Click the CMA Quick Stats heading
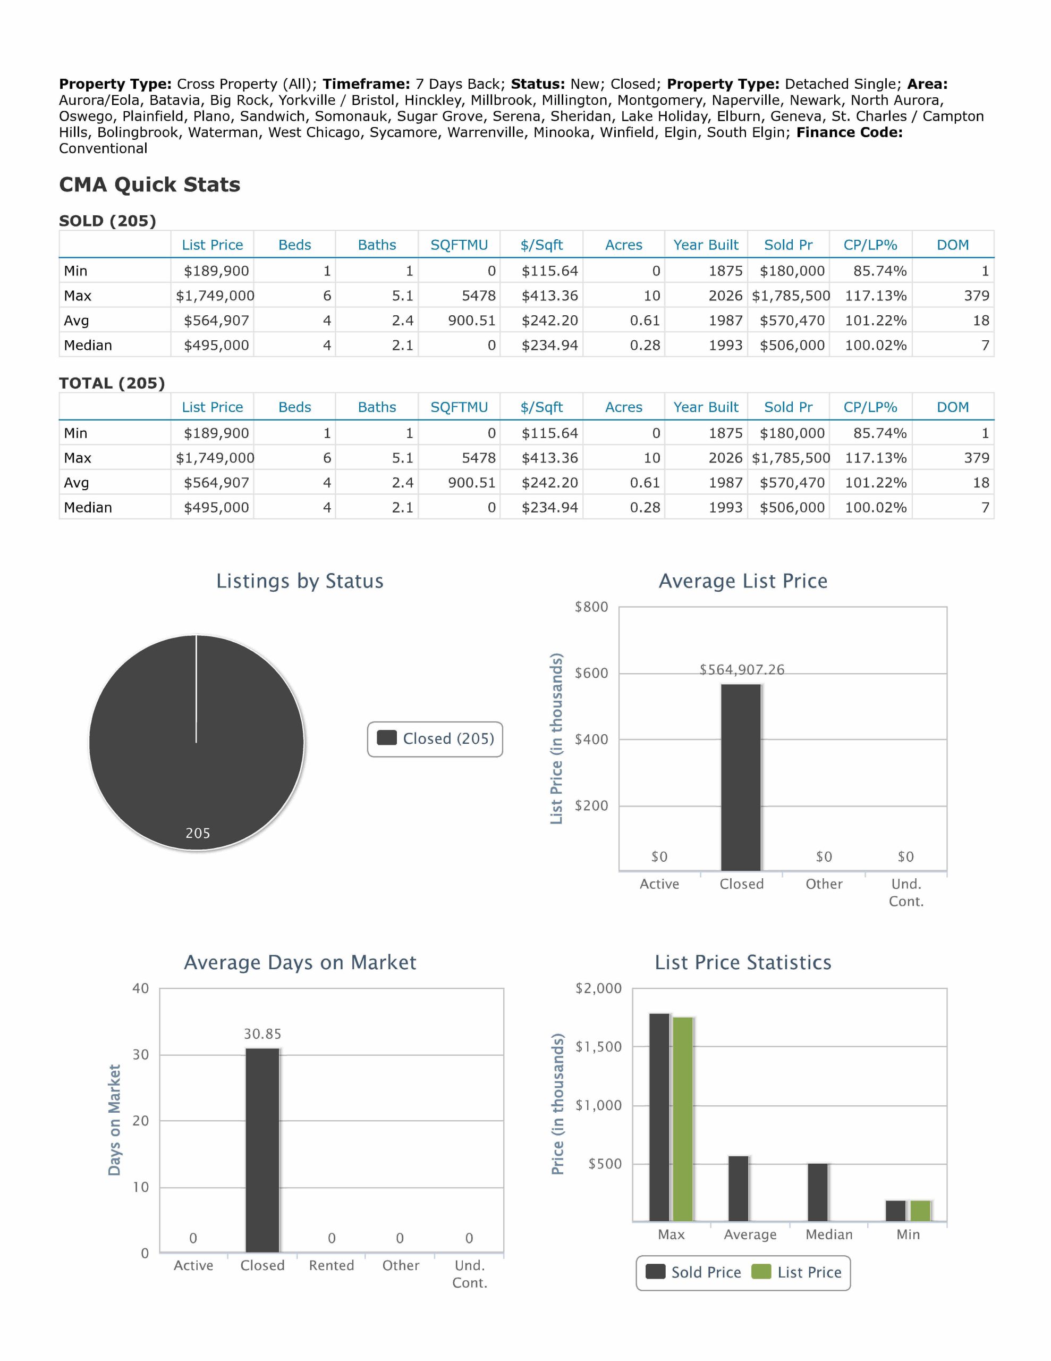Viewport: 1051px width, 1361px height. (x=149, y=184)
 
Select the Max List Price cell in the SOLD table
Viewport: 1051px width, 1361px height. (x=215, y=296)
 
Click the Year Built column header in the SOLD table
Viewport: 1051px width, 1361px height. (x=706, y=245)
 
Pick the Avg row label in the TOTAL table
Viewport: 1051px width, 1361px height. (x=77, y=483)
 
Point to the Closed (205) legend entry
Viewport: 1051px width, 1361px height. (x=436, y=738)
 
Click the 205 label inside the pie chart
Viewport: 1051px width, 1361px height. (x=198, y=833)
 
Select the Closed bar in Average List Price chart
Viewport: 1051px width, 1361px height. (x=741, y=777)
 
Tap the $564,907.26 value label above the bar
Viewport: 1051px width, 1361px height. (x=742, y=670)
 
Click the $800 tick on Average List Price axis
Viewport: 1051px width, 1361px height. (x=591, y=607)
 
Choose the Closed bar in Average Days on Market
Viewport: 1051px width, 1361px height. (x=262, y=1150)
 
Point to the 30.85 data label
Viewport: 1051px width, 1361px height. (x=262, y=1034)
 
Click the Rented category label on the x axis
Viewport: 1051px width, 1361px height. (x=332, y=1266)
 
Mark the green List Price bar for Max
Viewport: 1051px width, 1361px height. (x=683, y=1119)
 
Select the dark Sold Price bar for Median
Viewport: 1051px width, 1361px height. (x=817, y=1192)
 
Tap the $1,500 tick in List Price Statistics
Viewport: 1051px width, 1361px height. (x=598, y=1047)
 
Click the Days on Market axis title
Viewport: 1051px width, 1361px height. (x=114, y=1120)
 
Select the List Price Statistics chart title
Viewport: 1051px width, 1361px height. (x=743, y=962)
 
